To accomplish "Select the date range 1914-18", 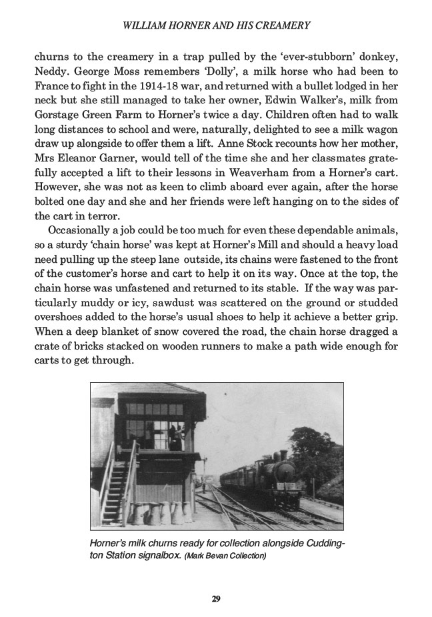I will (x=197, y=84).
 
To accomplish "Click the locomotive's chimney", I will (x=283, y=456).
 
